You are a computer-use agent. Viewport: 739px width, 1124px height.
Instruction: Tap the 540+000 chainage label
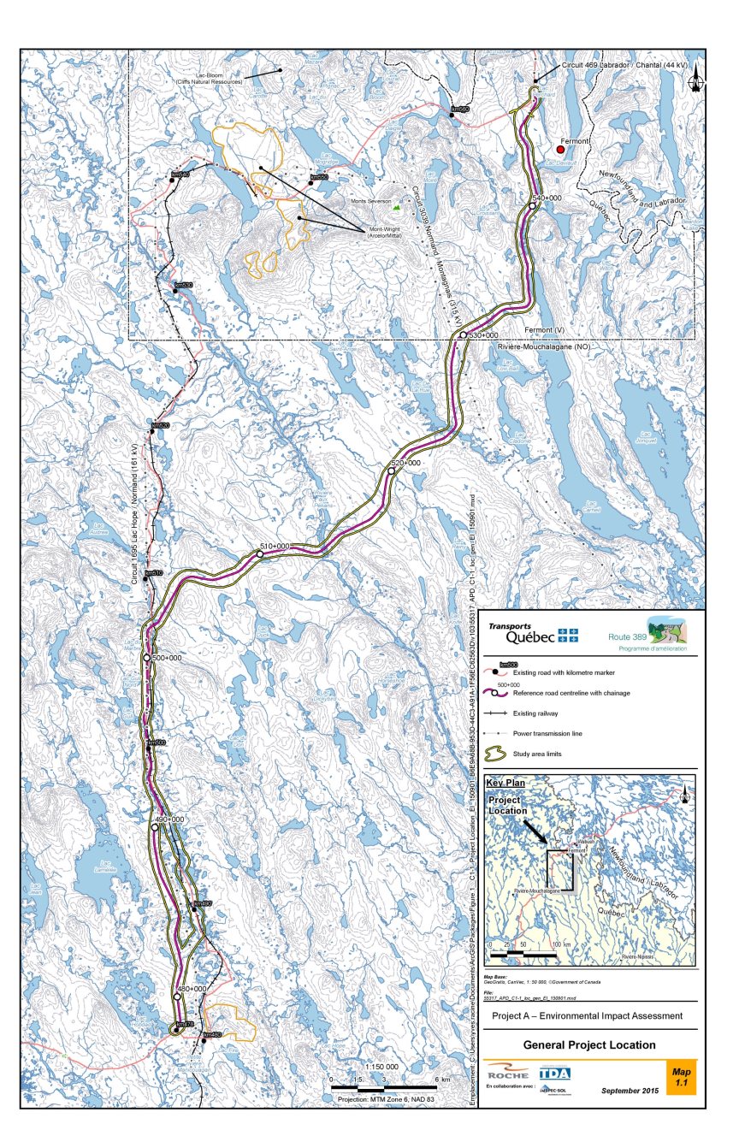[547, 198]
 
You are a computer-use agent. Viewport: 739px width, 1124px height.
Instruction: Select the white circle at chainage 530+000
[463, 335]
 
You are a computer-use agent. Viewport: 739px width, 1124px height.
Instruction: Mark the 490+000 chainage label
[168, 819]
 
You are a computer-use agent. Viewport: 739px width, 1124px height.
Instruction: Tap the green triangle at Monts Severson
[395, 207]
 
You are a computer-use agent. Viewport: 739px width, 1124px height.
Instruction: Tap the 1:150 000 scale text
[381, 1067]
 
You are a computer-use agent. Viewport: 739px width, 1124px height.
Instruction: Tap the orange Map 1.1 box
[681, 1076]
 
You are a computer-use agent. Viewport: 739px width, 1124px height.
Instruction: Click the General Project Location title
[589, 1044]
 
